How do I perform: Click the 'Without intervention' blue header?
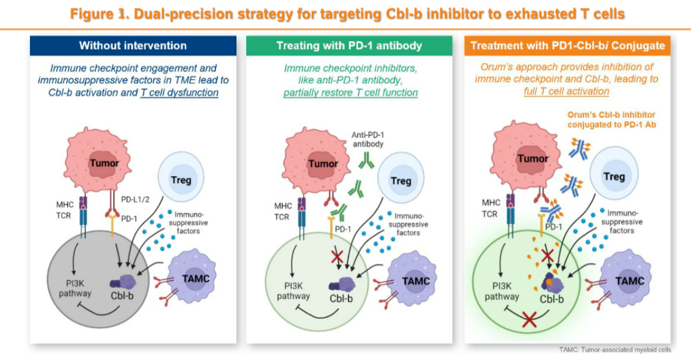pyautogui.click(x=132, y=45)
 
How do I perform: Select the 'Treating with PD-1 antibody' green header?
pyautogui.click(x=349, y=45)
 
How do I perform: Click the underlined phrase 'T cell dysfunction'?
pyautogui.click(x=179, y=92)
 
